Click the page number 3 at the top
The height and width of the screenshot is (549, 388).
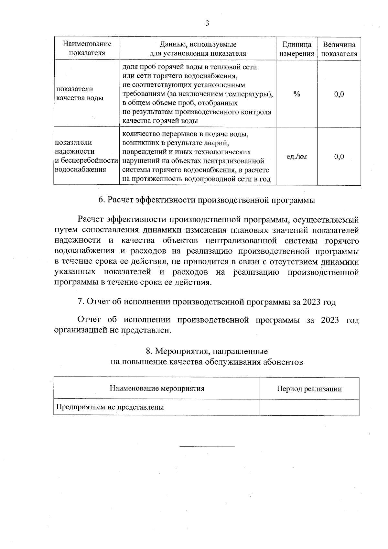click(x=207, y=23)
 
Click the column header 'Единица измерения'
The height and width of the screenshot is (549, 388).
click(x=296, y=49)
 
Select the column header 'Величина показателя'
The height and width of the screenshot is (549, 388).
click(x=339, y=49)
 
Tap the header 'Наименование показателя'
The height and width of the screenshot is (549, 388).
click(x=87, y=49)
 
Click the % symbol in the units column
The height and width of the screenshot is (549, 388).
click(x=296, y=94)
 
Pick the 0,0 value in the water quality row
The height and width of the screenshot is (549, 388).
click(x=339, y=94)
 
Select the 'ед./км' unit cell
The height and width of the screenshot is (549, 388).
click(x=296, y=157)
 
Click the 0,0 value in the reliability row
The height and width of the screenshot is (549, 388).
click(x=339, y=157)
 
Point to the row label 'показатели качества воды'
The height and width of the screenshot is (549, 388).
click(x=80, y=93)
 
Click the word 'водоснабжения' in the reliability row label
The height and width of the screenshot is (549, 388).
click(x=81, y=170)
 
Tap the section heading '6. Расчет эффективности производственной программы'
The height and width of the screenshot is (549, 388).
click(x=207, y=200)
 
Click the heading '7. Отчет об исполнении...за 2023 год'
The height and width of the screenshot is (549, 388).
click(x=207, y=302)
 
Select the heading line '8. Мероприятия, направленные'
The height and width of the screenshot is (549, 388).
click(x=207, y=351)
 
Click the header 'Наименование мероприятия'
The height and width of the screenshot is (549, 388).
click(x=157, y=388)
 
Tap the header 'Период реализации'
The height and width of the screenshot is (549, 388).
click(x=309, y=389)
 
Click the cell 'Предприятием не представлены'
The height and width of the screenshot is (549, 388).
click(x=110, y=407)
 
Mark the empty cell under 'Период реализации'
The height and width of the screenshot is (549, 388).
click(x=309, y=407)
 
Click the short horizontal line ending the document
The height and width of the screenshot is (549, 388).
click(x=207, y=447)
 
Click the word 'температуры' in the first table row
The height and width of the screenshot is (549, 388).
click(x=249, y=94)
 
